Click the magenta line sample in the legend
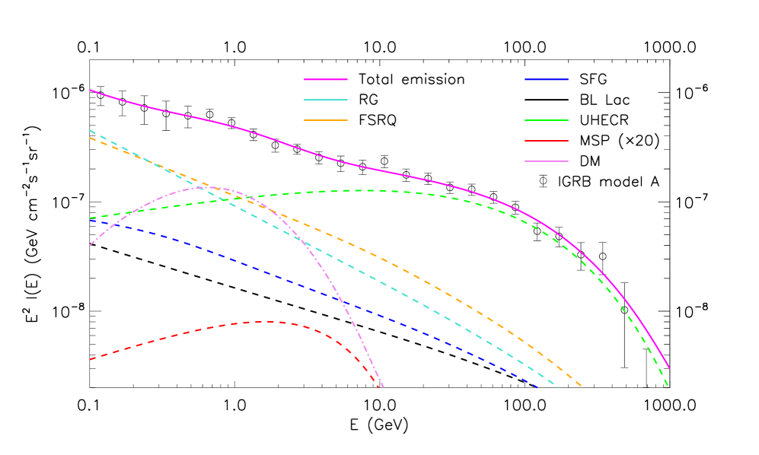pyautogui.click(x=326, y=79)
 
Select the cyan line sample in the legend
pyautogui.click(x=326, y=100)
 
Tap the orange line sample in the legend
pyautogui.click(x=326, y=120)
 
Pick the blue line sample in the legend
pyautogui.click(x=547, y=79)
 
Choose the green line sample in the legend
pyautogui.click(x=547, y=120)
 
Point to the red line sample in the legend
pyautogui.click(x=547, y=141)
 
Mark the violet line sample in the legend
pyautogui.click(x=547, y=161)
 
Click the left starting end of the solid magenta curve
pyautogui.click(x=91, y=90)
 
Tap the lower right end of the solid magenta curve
pyautogui.click(x=669, y=368)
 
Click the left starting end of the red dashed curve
pyautogui.click(x=91, y=359)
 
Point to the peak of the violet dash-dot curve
pyautogui.click(x=206, y=187)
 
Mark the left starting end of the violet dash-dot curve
pyautogui.click(x=91, y=245)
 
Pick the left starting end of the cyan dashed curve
pyautogui.click(x=91, y=131)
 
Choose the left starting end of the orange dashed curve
pyautogui.click(x=91, y=138)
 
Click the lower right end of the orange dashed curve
pyautogui.click(x=582, y=386)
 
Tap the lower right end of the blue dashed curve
pyautogui.click(x=538, y=387)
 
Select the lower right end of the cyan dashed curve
pyautogui.click(x=559, y=387)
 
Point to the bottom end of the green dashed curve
pyautogui.click(x=668, y=386)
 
